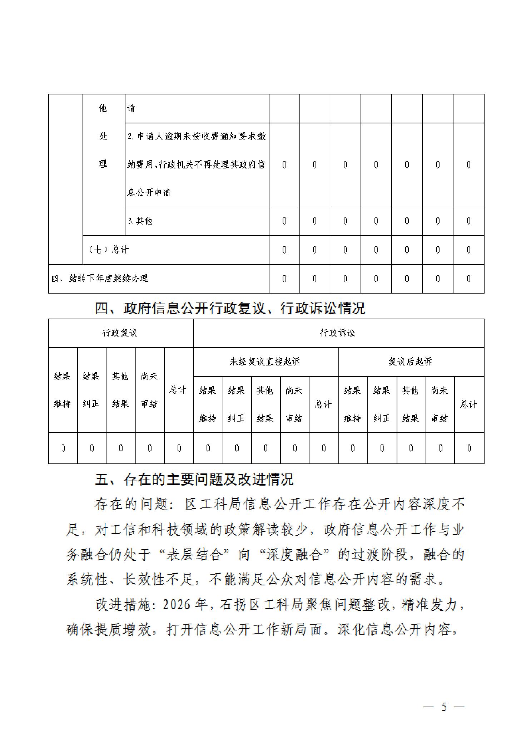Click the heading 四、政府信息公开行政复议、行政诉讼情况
click(x=230, y=308)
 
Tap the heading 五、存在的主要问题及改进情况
click(x=194, y=479)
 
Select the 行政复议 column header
click(x=120, y=333)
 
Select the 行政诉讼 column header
click(x=338, y=333)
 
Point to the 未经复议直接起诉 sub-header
click(x=265, y=362)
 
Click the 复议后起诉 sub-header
click(x=410, y=362)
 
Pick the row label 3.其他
click(x=140, y=221)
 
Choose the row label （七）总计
click(x=108, y=250)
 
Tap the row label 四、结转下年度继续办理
click(x=100, y=279)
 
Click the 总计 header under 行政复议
click(x=178, y=390)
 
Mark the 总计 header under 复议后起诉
click(x=468, y=404)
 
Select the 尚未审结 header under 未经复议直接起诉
click(x=294, y=404)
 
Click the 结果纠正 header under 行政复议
click(x=91, y=390)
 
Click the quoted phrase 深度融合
click(x=295, y=555)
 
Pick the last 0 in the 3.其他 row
click(x=468, y=221)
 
